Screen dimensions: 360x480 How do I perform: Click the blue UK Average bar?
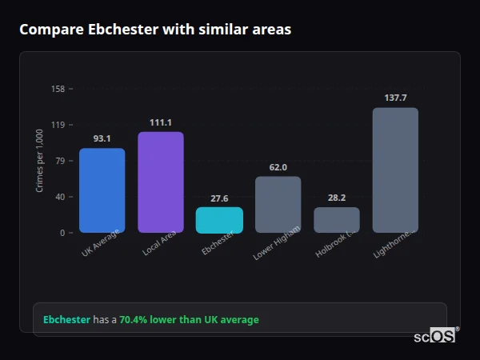click(x=102, y=190)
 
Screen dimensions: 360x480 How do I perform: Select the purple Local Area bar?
click(x=161, y=182)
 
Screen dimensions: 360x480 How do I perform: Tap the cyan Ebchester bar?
click(x=219, y=220)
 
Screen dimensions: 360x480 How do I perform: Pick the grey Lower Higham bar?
click(x=278, y=205)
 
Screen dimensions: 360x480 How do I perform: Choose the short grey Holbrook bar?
click(x=337, y=220)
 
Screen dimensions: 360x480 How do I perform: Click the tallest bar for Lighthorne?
click(x=395, y=170)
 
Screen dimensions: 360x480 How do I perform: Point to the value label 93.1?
click(x=102, y=138)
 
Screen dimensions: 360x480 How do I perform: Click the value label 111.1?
click(x=161, y=122)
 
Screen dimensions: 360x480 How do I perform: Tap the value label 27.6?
click(x=219, y=198)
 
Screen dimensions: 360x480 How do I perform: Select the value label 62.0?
click(x=278, y=167)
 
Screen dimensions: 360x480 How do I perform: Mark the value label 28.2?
click(x=337, y=198)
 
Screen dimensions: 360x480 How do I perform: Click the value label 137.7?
click(x=395, y=98)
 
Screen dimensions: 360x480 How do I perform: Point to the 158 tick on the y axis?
click(x=58, y=89)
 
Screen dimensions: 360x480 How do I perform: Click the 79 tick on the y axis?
click(x=59, y=161)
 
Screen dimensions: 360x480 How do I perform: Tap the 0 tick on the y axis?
click(x=62, y=233)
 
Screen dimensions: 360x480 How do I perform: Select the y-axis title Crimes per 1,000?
click(x=40, y=161)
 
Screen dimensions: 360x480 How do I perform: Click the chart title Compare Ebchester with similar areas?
click(x=155, y=30)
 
